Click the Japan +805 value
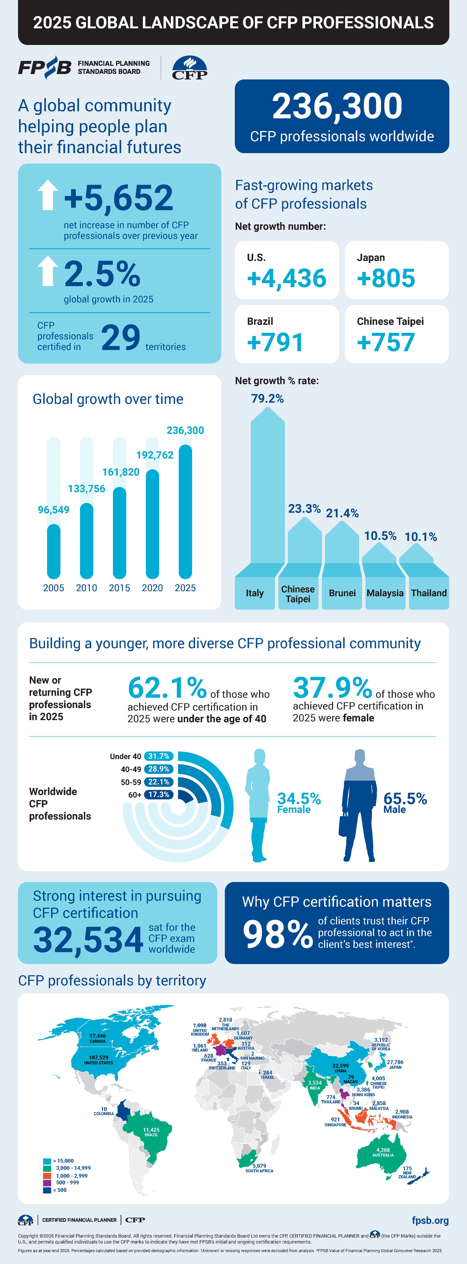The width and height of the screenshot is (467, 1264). point(386,278)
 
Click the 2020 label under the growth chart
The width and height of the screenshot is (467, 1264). point(152,588)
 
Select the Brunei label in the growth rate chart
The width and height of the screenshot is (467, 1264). point(342,593)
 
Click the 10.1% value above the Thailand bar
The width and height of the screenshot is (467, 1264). point(420,537)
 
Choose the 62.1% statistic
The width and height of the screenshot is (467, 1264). point(167,687)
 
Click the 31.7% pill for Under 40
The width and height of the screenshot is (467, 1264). point(159,756)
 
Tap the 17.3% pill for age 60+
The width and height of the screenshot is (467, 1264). point(159,794)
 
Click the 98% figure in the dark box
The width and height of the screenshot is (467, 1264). point(277,934)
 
